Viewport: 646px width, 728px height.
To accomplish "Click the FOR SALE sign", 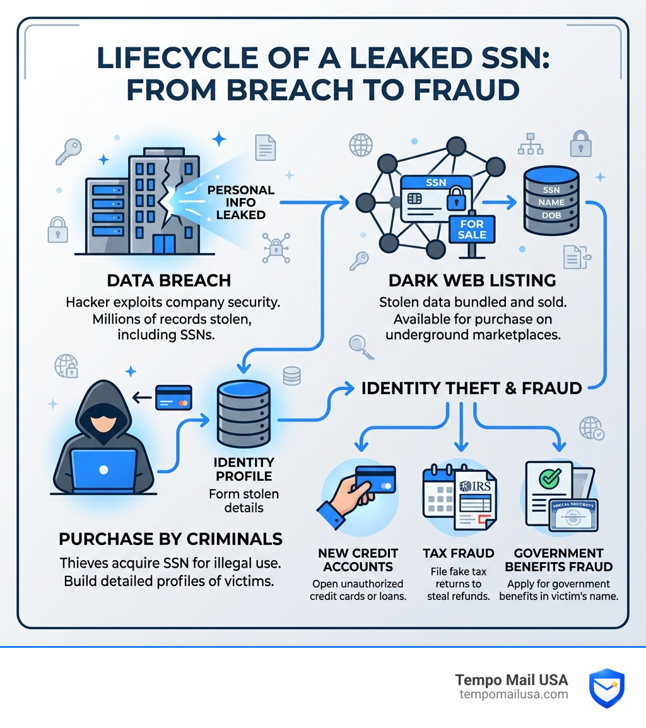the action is point(472,230).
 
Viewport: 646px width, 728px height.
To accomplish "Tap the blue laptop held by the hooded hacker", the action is point(104,470).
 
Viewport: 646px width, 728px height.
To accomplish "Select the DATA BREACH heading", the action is point(169,281).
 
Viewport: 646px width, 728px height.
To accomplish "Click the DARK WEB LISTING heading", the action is point(473,281).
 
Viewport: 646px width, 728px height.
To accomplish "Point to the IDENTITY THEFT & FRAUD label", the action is point(471,388).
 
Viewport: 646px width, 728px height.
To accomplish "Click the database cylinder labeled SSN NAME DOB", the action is point(551,201).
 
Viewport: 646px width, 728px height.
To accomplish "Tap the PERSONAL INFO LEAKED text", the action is point(240,203).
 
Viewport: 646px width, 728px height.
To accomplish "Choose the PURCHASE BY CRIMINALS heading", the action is point(170,539).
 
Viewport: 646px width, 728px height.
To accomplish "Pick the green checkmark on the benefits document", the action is point(549,478).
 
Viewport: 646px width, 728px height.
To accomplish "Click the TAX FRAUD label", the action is point(459,553).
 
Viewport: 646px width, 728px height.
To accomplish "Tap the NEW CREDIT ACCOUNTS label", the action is point(358,560).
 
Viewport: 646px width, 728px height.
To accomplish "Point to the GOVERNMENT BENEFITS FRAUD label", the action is point(559,560).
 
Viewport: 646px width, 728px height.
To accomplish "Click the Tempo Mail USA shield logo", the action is point(606,688).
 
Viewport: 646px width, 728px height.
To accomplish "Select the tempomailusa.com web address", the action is point(514,695).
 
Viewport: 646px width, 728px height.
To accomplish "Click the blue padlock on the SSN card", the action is point(456,199).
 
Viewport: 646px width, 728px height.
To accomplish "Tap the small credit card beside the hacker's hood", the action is point(173,397).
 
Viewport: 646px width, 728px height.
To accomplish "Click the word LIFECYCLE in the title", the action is point(178,58).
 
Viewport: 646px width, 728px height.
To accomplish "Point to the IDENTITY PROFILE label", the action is point(244,469).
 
